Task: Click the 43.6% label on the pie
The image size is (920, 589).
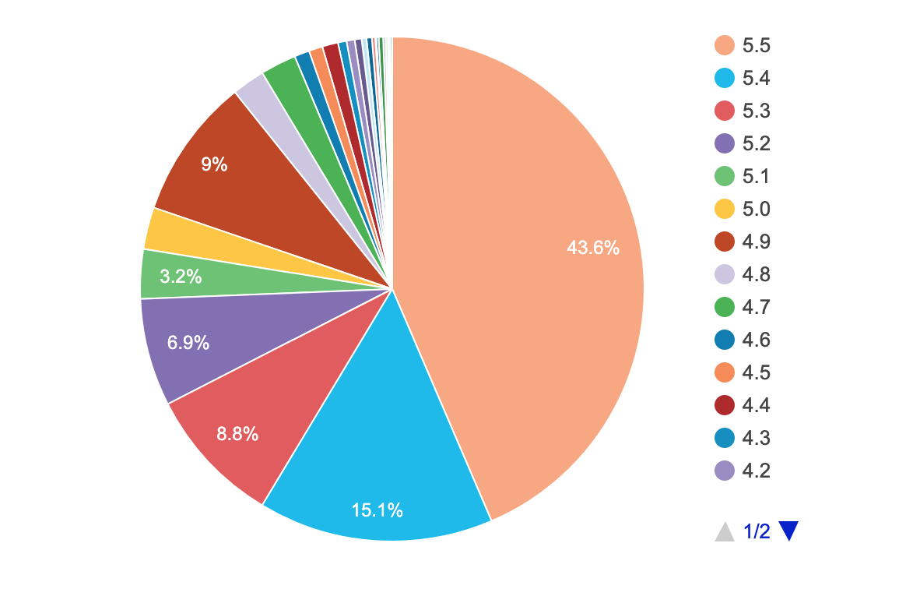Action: (x=593, y=249)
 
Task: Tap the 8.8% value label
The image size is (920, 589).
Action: (x=237, y=435)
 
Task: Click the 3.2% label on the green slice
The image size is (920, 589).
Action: (x=181, y=277)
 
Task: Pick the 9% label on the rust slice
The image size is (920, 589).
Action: (x=214, y=164)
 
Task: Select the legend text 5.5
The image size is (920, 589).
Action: (x=756, y=46)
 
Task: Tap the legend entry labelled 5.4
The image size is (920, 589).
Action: (x=756, y=79)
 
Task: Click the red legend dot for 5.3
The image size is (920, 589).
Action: (x=725, y=111)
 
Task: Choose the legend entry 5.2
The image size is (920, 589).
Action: (x=756, y=144)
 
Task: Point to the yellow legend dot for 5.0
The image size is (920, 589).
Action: (x=725, y=210)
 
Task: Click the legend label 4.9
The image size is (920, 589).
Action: (x=756, y=242)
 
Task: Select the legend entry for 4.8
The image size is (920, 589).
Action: (x=756, y=275)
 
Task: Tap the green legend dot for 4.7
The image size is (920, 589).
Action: (x=725, y=308)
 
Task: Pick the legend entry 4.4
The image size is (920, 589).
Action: (x=756, y=406)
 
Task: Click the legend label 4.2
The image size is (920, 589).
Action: (x=756, y=471)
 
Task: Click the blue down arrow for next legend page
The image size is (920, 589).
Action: (x=788, y=531)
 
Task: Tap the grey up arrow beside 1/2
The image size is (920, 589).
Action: (x=725, y=531)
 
